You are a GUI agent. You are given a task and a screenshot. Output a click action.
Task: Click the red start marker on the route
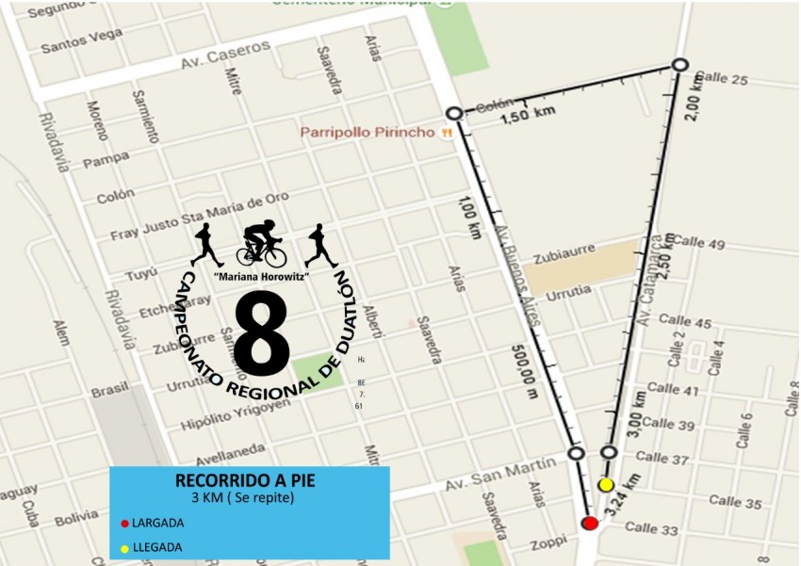(590, 523)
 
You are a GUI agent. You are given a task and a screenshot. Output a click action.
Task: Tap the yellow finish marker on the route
(606, 485)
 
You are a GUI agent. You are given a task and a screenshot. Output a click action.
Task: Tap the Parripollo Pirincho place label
(368, 133)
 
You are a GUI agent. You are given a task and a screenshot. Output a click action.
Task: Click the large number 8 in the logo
(261, 332)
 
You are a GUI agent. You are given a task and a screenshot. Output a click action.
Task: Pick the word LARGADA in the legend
(157, 523)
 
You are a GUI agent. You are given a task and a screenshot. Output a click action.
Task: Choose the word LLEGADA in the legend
(156, 547)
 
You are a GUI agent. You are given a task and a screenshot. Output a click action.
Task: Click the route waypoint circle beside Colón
(454, 113)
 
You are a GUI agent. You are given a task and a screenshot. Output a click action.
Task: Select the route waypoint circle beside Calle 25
(680, 65)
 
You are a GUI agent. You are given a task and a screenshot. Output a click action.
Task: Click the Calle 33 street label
(651, 529)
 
